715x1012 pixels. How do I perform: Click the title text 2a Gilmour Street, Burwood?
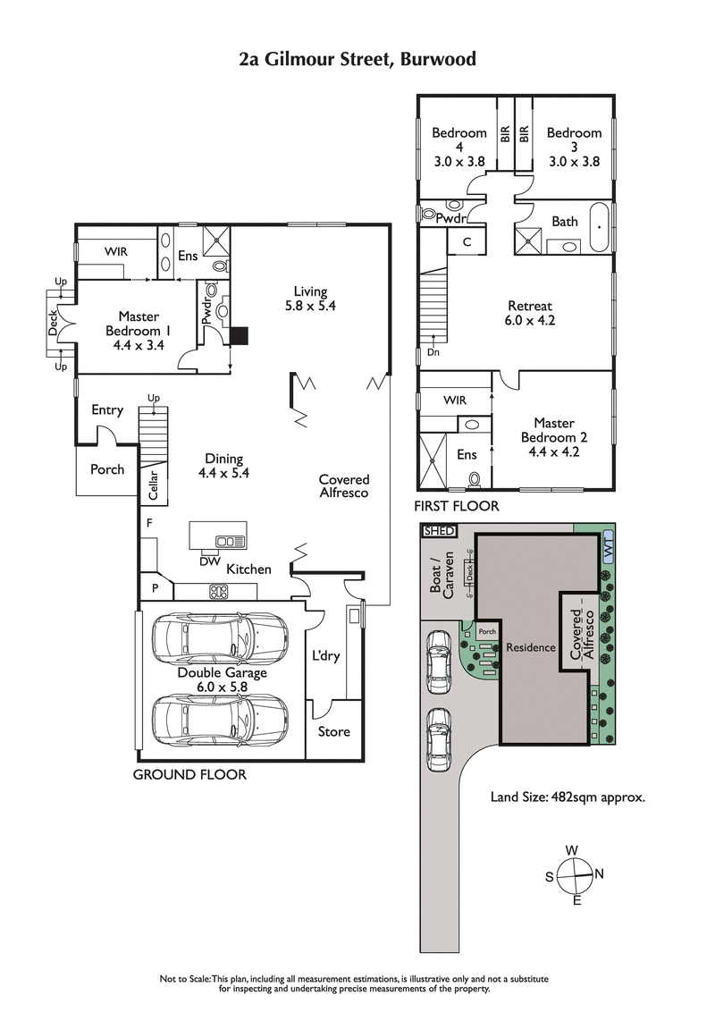(357, 60)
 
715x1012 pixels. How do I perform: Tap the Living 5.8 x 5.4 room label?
(310, 299)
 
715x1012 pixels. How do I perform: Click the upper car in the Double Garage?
(220, 637)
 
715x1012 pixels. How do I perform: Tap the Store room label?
(334, 731)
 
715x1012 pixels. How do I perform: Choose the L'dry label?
(326, 656)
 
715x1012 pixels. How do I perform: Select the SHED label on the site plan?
(439, 531)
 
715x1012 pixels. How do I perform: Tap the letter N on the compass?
(600, 873)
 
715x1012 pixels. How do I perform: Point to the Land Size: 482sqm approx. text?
(568, 796)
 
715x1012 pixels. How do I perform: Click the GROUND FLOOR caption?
(189, 774)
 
